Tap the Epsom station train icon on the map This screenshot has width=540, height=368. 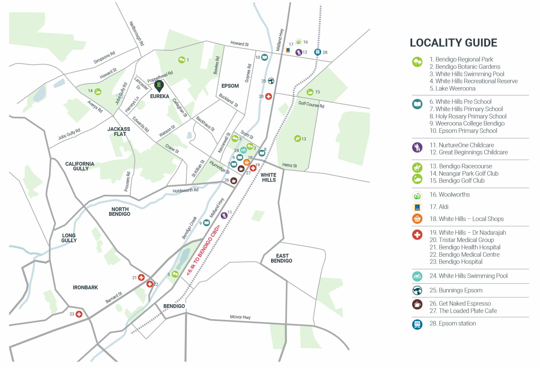[x=318, y=52]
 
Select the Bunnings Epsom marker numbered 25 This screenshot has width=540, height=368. [x=271, y=81]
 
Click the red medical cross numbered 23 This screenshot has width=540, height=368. [x=79, y=314]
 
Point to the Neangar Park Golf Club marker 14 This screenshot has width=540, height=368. [x=98, y=91]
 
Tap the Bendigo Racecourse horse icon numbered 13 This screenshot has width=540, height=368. [x=298, y=138]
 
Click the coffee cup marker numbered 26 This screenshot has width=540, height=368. [x=234, y=181]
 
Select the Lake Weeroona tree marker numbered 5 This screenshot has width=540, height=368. [x=175, y=274]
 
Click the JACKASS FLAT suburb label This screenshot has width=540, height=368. [x=119, y=132]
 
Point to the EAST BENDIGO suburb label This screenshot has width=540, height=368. [x=282, y=258]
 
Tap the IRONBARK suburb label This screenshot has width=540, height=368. [x=85, y=287]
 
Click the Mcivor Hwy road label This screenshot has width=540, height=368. [x=240, y=317]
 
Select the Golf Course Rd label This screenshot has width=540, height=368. [x=311, y=104]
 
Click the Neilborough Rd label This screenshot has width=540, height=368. [x=137, y=33]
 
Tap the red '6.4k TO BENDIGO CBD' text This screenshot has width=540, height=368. [x=203, y=250]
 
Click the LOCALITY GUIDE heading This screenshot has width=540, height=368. [x=454, y=43]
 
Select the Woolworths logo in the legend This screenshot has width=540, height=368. [x=417, y=196]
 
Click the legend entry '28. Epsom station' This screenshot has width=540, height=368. [x=453, y=323]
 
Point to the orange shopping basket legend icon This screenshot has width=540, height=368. [x=417, y=219]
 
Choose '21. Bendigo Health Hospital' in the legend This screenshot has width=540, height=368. [x=465, y=247]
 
